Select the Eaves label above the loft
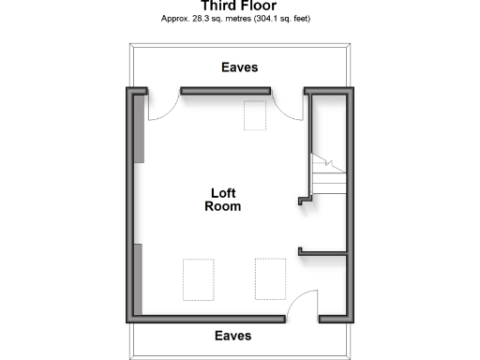point(239,67)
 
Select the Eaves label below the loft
point(233,335)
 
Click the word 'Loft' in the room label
point(223,192)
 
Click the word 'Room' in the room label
point(223,206)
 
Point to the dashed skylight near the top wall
point(255,115)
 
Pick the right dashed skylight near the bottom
point(269,278)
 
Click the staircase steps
point(328,172)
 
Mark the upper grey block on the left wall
point(139,128)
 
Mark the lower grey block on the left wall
point(139,279)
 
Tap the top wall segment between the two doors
point(226,91)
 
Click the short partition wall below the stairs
point(323,251)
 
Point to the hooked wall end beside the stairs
point(305,198)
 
